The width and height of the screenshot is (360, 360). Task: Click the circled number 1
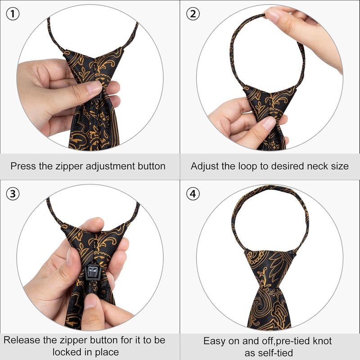[x=12, y=14]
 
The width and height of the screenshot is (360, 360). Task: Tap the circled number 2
[x=193, y=14]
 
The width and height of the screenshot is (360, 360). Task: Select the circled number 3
[x=13, y=194]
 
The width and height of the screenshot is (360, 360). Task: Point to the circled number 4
[x=193, y=194]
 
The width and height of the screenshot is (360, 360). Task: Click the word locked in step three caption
[x=67, y=351]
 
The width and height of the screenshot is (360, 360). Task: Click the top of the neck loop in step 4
[x=270, y=188]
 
